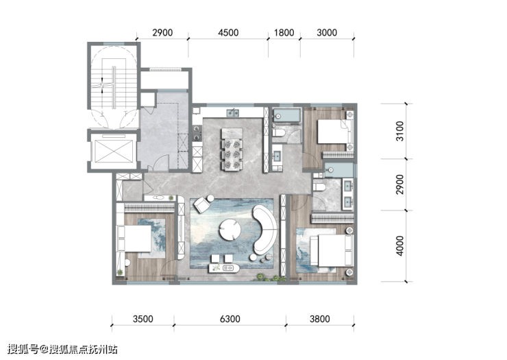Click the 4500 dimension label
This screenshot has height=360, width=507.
point(228,33)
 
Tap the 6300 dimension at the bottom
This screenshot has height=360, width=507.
point(230,319)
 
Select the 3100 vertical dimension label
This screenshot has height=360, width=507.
point(400,131)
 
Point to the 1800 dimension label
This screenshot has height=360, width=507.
point(284,33)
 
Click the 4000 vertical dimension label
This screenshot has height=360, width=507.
point(400,246)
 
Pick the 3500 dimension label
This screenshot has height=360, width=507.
point(143,319)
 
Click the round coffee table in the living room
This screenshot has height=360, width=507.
point(230,230)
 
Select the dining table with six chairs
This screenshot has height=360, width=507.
point(232,149)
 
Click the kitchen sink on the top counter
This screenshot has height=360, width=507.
point(233,112)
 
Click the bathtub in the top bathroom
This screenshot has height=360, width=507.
point(287,116)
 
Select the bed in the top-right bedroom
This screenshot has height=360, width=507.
point(334,132)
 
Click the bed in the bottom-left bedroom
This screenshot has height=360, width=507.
point(134,238)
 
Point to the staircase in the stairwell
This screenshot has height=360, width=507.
point(114,87)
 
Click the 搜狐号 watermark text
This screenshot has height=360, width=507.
point(23,349)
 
